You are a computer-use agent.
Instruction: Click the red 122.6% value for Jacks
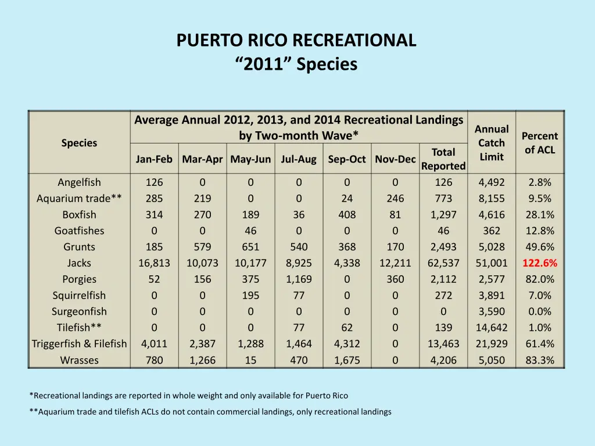pos(540,263)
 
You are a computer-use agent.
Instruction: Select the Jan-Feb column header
pos(154,159)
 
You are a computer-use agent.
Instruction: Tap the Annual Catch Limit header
pos(492,143)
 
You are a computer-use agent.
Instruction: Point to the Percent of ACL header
pos(540,143)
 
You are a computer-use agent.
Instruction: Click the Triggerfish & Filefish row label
pos(79,344)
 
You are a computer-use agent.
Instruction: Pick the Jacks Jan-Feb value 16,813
pos(154,263)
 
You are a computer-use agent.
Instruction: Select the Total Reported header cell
pos(443,159)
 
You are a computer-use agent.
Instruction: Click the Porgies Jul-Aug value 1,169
pos(299,279)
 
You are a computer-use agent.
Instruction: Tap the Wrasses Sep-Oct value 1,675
pos(347,360)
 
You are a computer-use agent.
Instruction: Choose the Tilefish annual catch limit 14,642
pos(492,328)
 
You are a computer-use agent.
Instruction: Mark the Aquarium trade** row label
pos(79,199)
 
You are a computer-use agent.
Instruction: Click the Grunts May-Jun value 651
pos(250,247)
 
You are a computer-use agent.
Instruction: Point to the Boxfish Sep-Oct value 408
pos(347,215)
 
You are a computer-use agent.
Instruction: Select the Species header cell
pos(79,143)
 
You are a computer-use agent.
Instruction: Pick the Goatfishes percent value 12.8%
pos(540,231)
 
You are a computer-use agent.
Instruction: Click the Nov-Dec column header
pos(395,159)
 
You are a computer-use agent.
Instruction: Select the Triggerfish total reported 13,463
pos(443,344)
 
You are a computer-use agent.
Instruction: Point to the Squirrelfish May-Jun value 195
pos(250,296)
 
